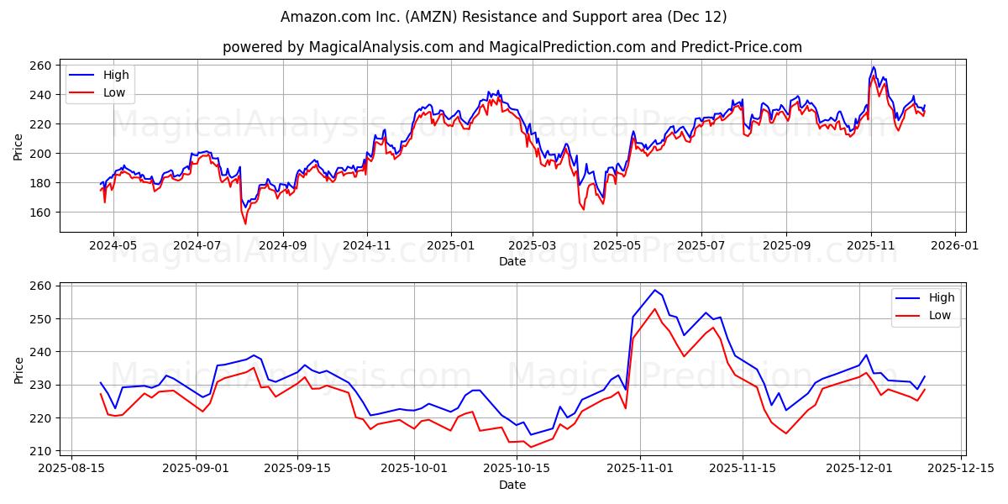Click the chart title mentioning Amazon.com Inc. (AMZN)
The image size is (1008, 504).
(504, 17)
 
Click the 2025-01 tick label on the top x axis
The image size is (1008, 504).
(451, 245)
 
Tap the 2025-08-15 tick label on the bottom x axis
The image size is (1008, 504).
(71, 469)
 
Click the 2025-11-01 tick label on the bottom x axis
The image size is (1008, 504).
(640, 469)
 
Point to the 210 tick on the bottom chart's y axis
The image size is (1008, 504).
(42, 451)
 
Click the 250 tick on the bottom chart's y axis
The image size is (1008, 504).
(42, 319)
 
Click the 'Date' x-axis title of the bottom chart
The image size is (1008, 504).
(512, 485)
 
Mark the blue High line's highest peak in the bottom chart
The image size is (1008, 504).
(655, 290)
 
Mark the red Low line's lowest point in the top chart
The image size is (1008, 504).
(245, 223)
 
